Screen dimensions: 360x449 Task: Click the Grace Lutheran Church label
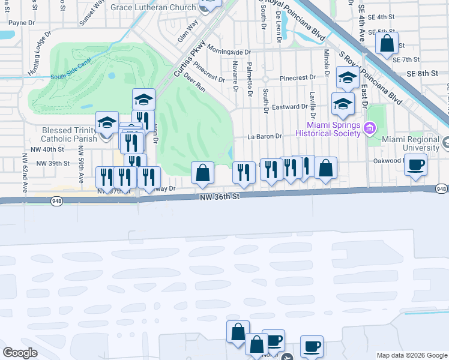pos(158,7)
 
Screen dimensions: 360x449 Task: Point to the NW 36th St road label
pos(220,196)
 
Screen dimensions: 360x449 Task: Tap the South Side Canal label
pos(73,76)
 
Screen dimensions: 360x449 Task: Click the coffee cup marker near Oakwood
pos(416,164)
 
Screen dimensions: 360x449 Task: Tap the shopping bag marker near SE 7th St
pos(387,43)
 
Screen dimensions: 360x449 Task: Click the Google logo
pos(21,353)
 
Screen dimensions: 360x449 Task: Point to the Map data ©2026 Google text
pos(411,355)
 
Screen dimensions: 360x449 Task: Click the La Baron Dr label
pos(265,136)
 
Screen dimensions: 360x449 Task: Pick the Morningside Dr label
pos(224,52)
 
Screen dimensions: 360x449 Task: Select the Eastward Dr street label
pos(290,107)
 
